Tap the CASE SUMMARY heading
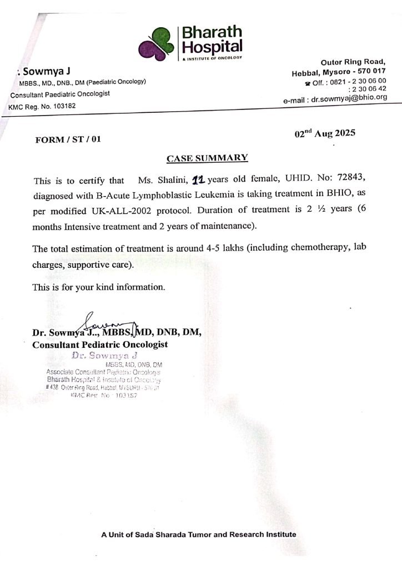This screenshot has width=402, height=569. click(207, 158)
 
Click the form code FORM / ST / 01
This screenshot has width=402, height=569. click(68, 139)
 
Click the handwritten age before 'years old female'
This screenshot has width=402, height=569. click(198, 179)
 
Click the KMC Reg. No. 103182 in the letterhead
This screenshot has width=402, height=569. click(43, 106)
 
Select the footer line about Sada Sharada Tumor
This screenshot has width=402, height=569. click(199, 535)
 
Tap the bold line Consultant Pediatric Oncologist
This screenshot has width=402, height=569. click(100, 345)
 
